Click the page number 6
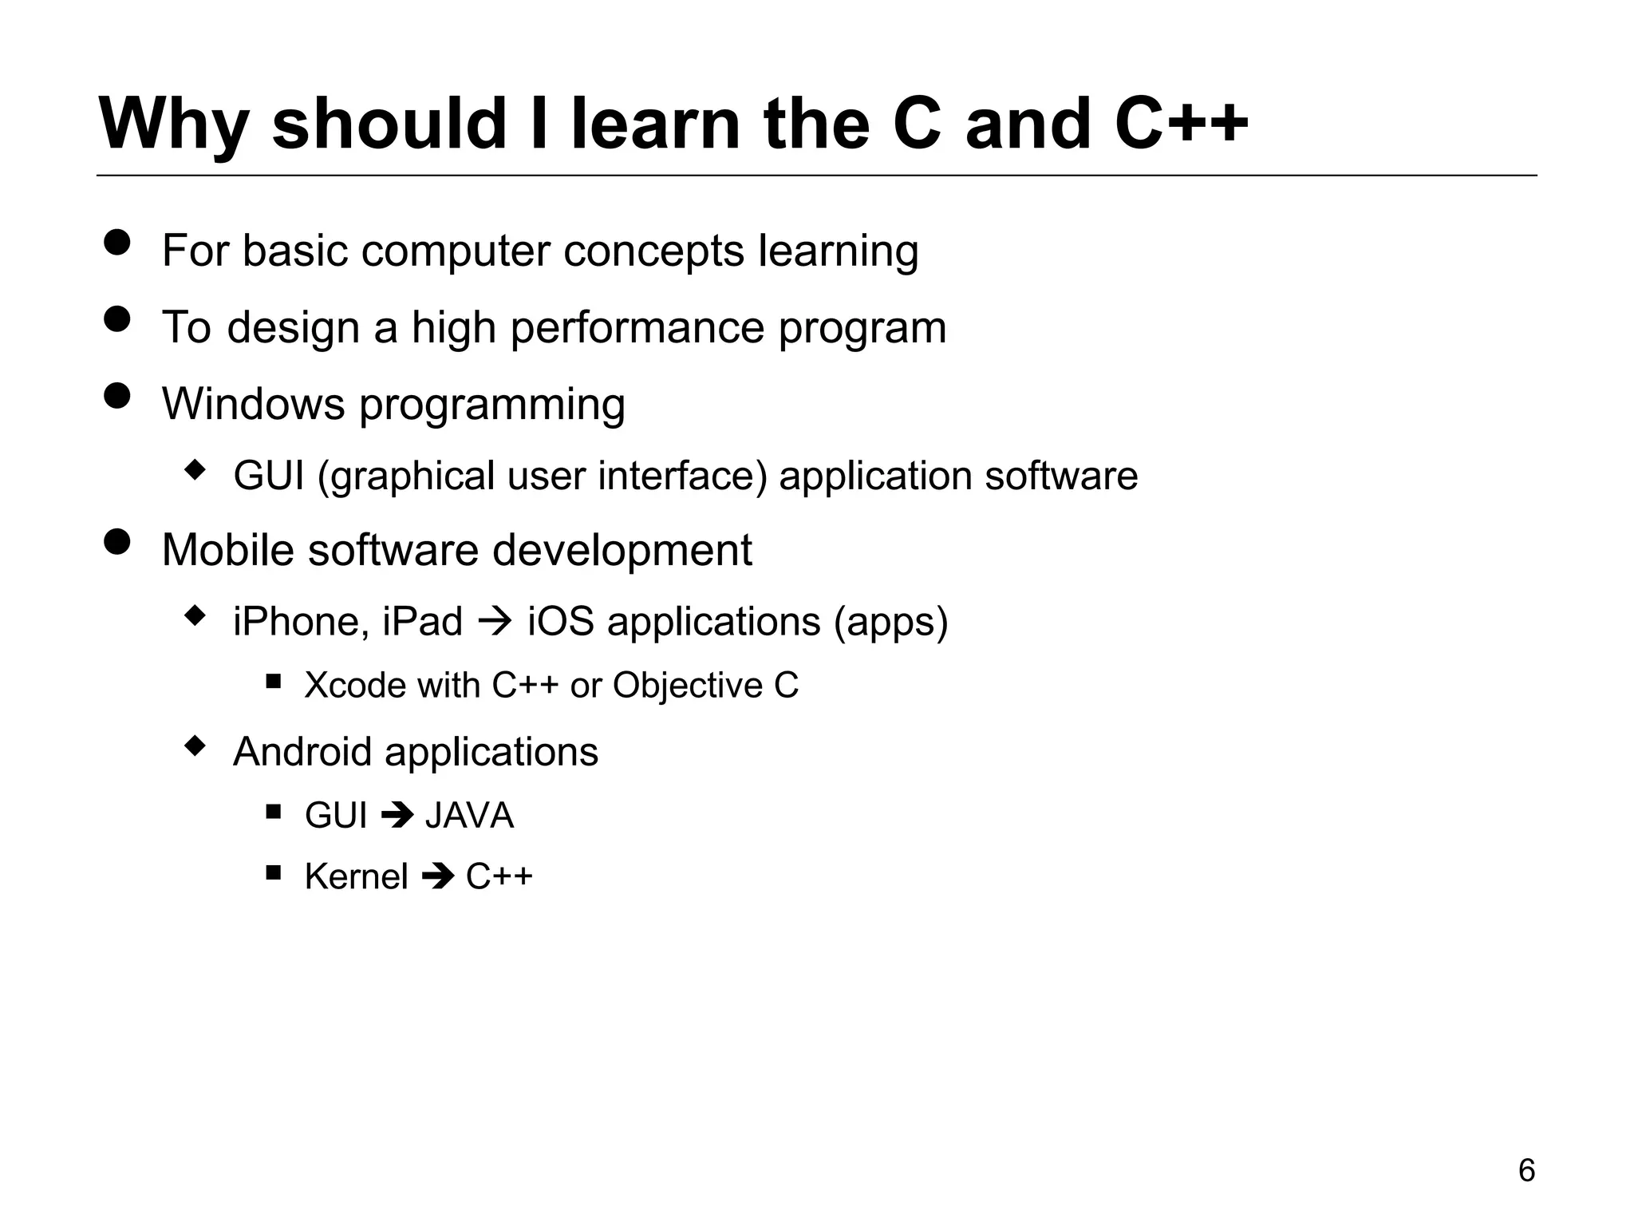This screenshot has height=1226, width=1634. pyautogui.click(x=1525, y=1170)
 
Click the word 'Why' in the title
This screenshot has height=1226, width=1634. pyautogui.click(x=173, y=125)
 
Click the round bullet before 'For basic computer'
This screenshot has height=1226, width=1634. pyautogui.click(x=117, y=243)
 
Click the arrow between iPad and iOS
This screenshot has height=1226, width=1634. pyautogui.click(x=495, y=621)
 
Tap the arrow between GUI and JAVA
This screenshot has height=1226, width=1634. pyautogui.click(x=397, y=815)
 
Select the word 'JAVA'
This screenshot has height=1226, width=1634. pyautogui.click(x=469, y=816)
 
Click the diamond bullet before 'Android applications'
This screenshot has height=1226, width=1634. pyautogui.click(x=195, y=747)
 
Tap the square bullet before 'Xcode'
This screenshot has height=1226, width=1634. pyautogui.click(x=274, y=681)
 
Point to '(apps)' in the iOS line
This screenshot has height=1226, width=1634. pyautogui.click(x=890, y=622)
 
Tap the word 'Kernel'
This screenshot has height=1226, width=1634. pyautogui.click(x=356, y=877)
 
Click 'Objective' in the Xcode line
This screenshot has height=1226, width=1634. pyautogui.click(x=687, y=686)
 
